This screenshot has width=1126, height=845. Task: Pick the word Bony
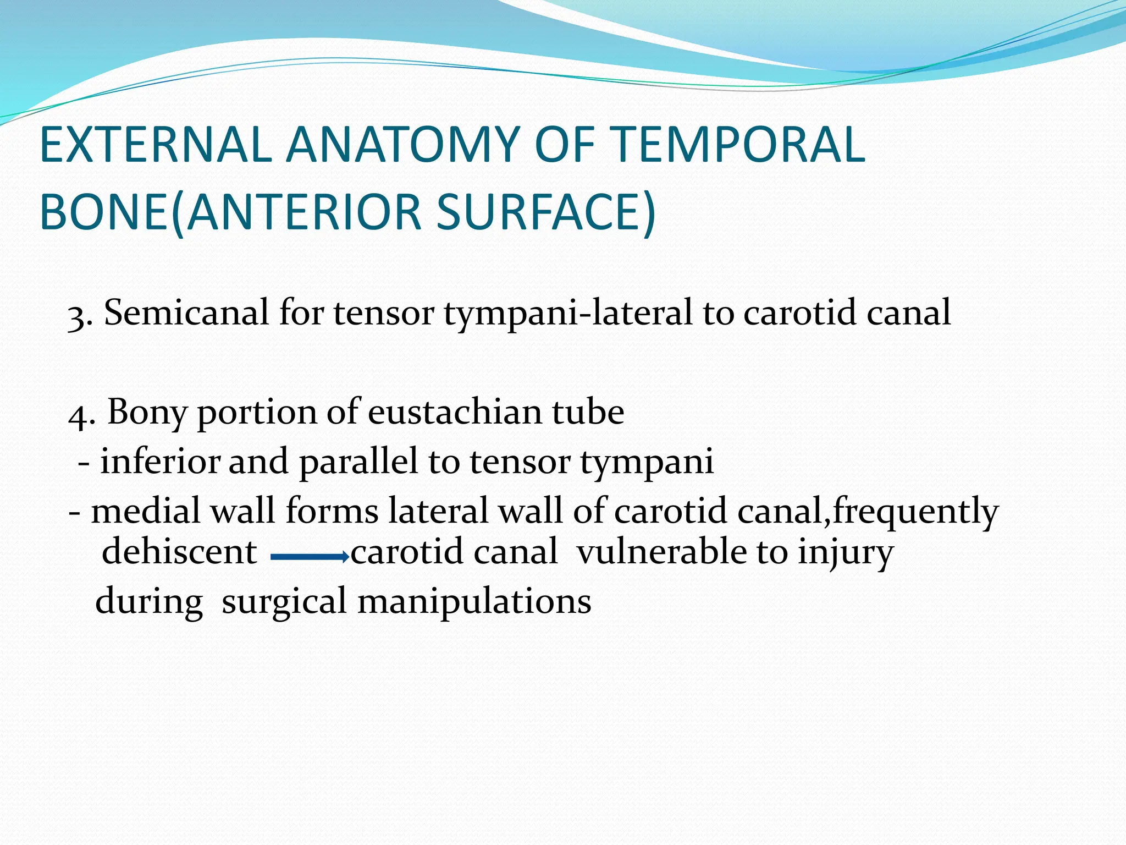click(147, 413)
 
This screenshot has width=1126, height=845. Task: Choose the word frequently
click(915, 512)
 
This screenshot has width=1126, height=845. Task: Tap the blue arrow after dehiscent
click(310, 557)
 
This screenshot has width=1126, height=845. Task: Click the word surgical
click(284, 602)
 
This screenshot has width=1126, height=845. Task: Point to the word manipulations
click(474, 602)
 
